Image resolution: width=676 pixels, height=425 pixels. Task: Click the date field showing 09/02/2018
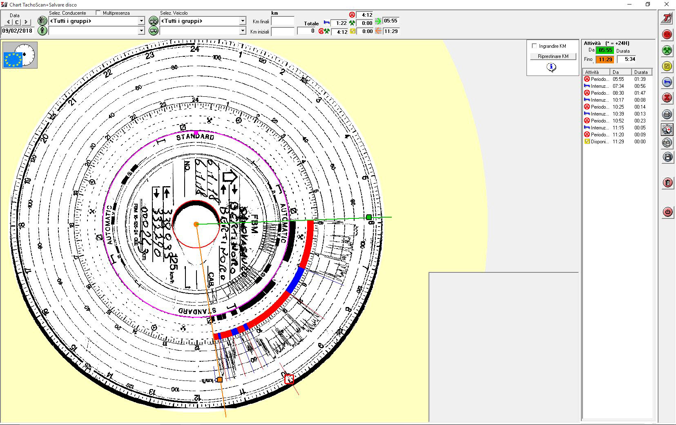[x=17, y=31]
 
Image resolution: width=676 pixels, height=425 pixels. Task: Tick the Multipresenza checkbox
[x=98, y=13]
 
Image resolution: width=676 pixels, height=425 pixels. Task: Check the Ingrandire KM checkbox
[x=534, y=46]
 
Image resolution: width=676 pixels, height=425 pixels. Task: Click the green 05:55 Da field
[x=605, y=50]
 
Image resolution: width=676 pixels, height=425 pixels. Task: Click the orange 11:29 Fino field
[x=605, y=60]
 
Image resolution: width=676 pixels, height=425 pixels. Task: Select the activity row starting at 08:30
[x=617, y=93]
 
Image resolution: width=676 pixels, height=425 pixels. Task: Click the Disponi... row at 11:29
[x=617, y=142]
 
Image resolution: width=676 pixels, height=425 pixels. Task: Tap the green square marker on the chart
[x=369, y=217]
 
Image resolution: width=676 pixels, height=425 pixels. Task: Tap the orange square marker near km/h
[x=220, y=380]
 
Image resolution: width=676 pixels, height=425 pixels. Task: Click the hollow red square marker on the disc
[x=289, y=379]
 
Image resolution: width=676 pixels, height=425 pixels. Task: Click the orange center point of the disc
[x=196, y=224]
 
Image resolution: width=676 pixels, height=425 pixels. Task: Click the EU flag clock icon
[x=20, y=55]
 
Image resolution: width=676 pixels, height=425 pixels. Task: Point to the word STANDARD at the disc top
[x=195, y=137]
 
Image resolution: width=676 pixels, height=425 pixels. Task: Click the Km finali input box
[x=282, y=21]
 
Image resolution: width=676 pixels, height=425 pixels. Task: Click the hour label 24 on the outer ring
[x=195, y=49]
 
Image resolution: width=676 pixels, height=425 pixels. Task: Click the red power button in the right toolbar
[x=667, y=212]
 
